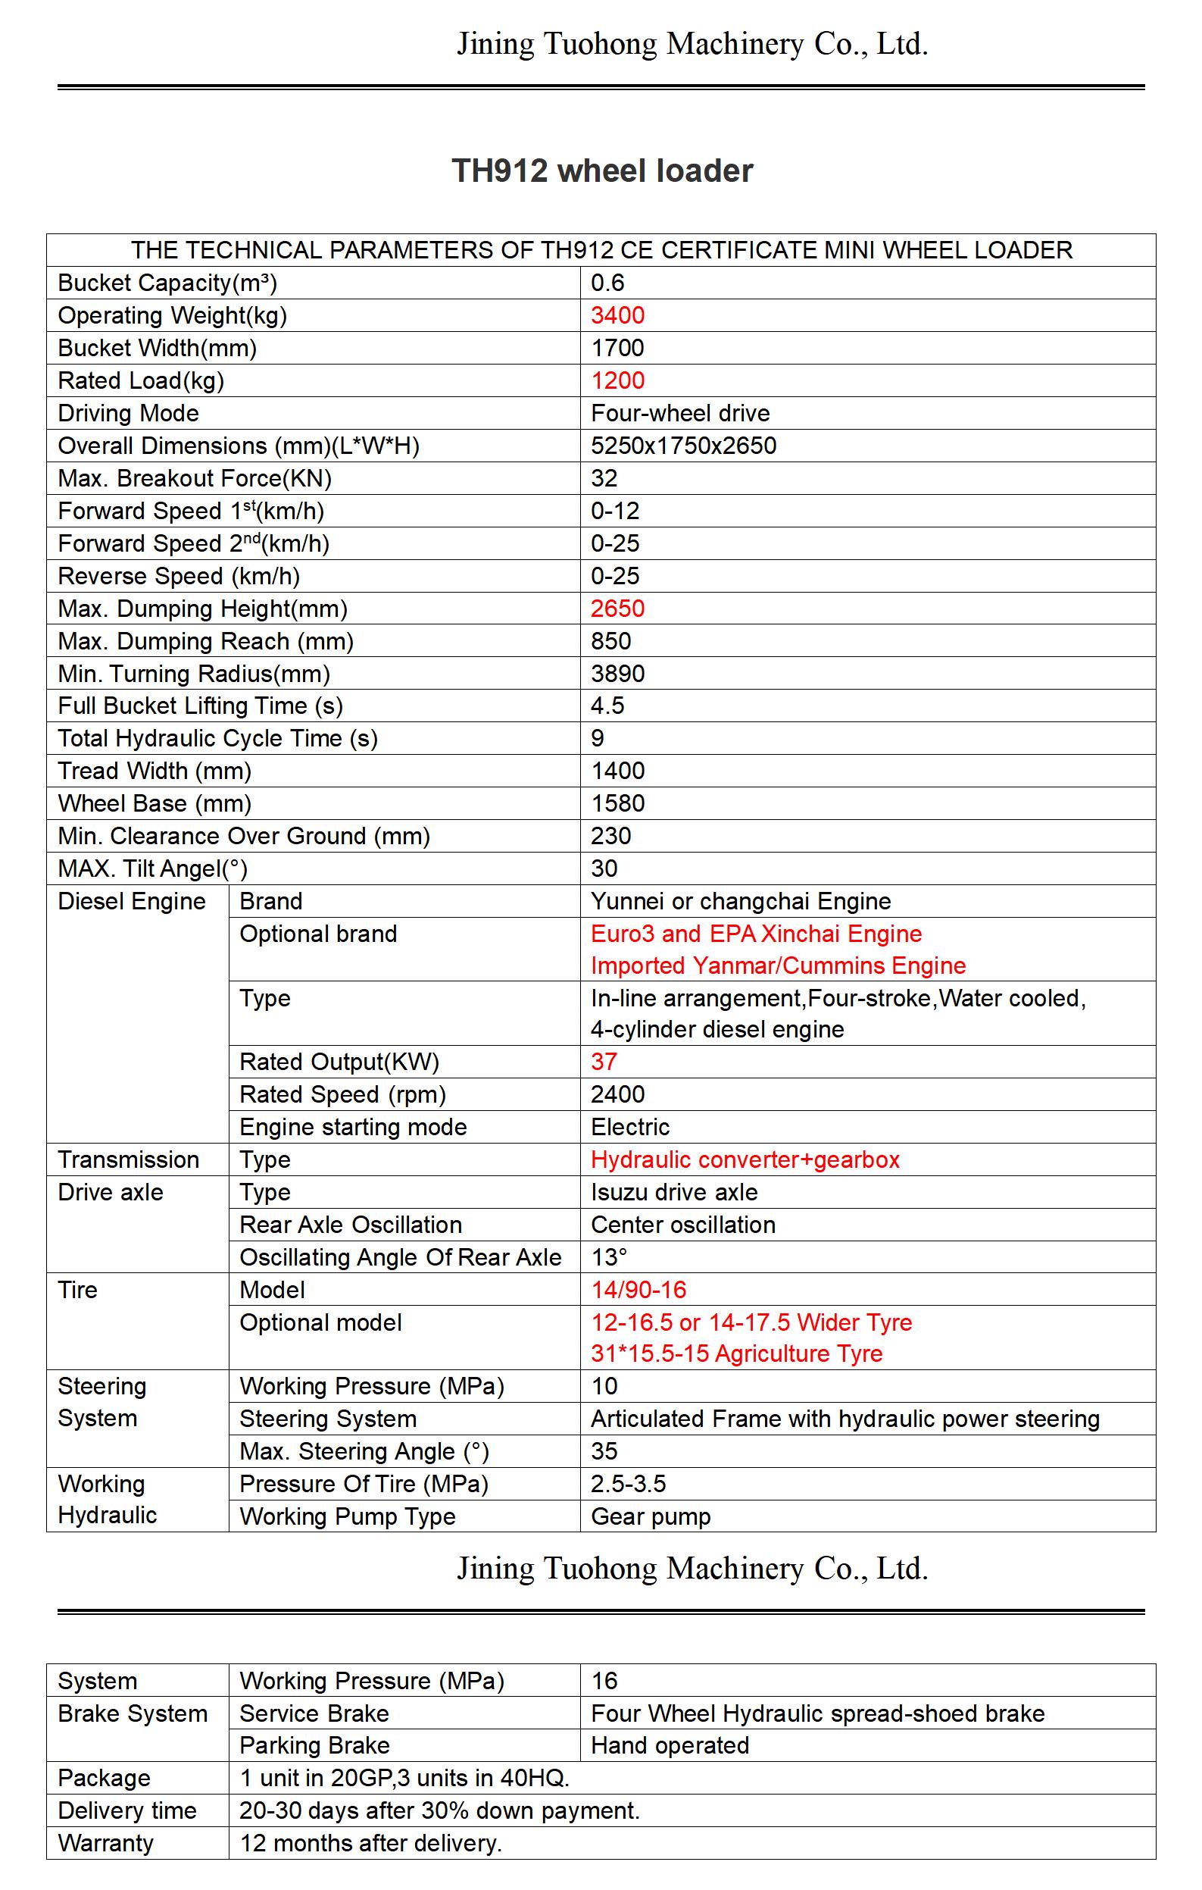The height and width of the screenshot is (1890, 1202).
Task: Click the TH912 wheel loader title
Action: click(602, 171)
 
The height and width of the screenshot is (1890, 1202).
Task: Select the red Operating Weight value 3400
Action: click(617, 315)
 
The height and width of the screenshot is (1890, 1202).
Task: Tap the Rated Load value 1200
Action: click(617, 380)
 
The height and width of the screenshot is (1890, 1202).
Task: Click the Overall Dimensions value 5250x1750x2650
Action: click(683, 446)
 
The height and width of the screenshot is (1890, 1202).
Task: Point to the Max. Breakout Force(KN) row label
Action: click(195, 479)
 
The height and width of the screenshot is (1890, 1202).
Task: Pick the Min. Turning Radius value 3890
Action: click(617, 674)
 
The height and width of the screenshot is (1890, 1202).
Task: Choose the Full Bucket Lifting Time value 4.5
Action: click(607, 706)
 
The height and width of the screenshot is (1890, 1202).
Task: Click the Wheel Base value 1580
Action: click(617, 804)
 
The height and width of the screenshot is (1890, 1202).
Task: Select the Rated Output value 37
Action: click(604, 1062)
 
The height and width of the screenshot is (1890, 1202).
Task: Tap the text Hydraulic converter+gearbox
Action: click(745, 1160)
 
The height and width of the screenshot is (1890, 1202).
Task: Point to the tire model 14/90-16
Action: click(638, 1290)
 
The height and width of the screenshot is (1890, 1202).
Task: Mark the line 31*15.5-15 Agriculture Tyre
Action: click(736, 1354)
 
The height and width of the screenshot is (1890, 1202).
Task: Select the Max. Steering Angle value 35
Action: click(604, 1451)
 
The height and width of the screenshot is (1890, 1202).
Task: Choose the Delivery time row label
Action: click(127, 1810)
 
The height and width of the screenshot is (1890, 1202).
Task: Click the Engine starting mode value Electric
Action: click(630, 1127)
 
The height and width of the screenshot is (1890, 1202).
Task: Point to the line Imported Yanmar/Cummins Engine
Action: click(778, 965)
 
